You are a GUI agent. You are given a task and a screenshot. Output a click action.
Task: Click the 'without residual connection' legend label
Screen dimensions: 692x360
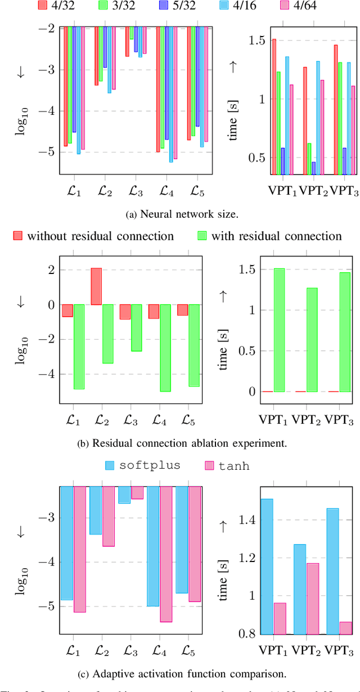pyautogui.click(x=100, y=236)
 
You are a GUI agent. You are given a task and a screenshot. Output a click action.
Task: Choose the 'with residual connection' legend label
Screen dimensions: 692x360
pyautogui.click(x=276, y=236)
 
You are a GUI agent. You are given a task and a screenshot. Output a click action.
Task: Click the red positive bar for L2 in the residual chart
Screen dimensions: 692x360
pyautogui.click(x=97, y=286)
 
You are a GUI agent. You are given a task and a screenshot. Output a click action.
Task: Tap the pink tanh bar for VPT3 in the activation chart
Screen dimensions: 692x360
pyautogui.click(x=346, y=628)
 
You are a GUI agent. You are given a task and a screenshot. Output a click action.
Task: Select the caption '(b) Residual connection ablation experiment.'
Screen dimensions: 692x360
pyautogui.click(x=181, y=443)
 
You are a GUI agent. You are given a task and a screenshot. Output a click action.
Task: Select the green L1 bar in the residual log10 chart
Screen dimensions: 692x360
pyautogui.click(x=79, y=347)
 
